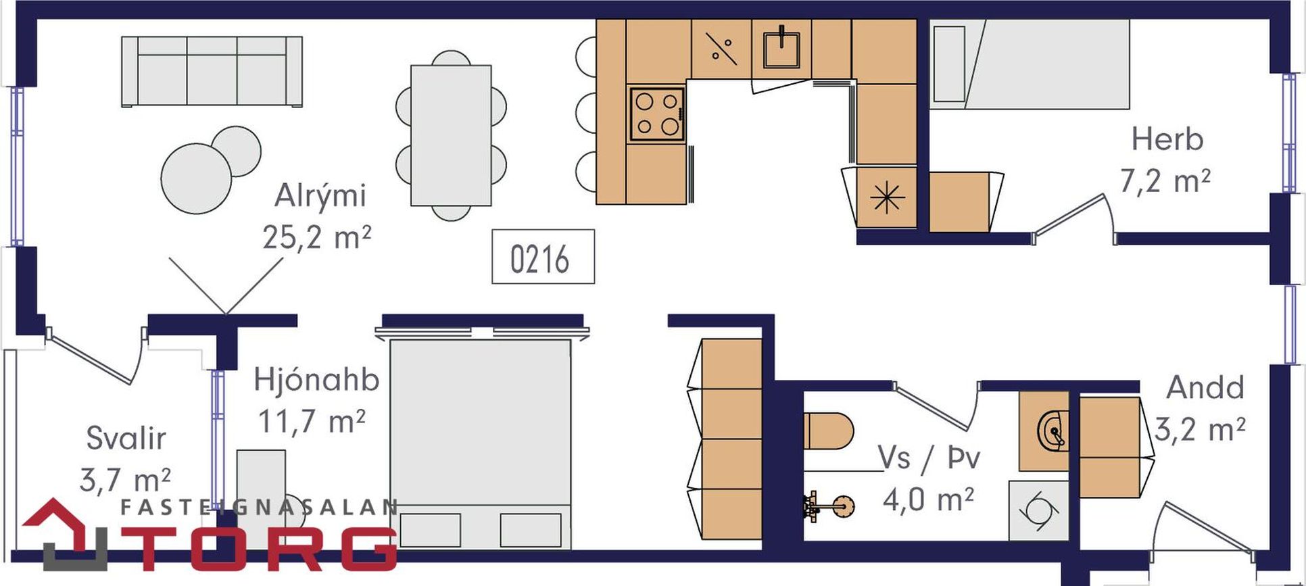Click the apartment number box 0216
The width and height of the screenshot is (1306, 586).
coord(543,256)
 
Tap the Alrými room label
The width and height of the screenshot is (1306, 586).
coord(320,196)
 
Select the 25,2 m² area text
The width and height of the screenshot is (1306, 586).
coord(316,238)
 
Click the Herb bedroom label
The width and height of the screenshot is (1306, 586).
coord(1167,139)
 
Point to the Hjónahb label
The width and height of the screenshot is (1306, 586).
coord(316,380)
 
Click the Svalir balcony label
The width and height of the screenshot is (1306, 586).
coord(126,439)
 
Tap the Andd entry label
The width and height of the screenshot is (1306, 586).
coord(1205,388)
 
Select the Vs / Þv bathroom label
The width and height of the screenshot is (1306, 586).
coord(929,458)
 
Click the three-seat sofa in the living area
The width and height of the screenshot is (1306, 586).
coord(212,72)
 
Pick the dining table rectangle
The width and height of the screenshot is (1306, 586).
coord(451,135)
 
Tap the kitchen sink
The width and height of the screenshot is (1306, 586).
coord(781,47)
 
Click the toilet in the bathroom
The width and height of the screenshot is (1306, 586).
coord(829,431)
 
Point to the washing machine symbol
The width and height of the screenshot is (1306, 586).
coord(1039,511)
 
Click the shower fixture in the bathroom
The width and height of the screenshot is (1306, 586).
coord(829,506)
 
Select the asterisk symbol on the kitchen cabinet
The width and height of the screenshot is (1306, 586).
coord(886,197)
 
